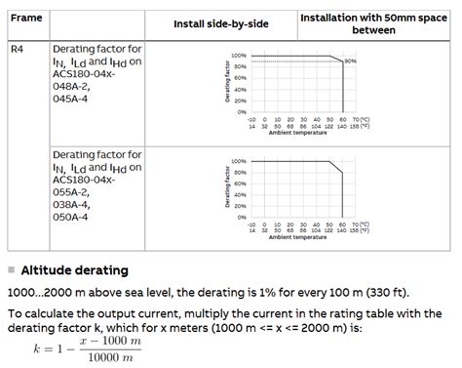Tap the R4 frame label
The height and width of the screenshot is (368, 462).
coord(17,48)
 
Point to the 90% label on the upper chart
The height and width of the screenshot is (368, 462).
coord(351,61)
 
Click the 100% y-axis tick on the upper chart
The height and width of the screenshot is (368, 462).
coord(239,56)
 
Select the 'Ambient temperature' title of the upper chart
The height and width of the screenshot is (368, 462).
coord(297,132)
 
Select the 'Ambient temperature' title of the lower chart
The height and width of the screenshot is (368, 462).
coord(297,238)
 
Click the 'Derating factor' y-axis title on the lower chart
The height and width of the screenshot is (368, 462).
coord(227,189)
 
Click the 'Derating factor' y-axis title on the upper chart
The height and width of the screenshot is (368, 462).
coord(227,83)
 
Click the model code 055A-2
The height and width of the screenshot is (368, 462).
coord(76,192)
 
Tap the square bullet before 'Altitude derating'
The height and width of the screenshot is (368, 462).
coord(11,270)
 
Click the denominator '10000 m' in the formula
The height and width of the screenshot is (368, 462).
coord(111,358)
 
